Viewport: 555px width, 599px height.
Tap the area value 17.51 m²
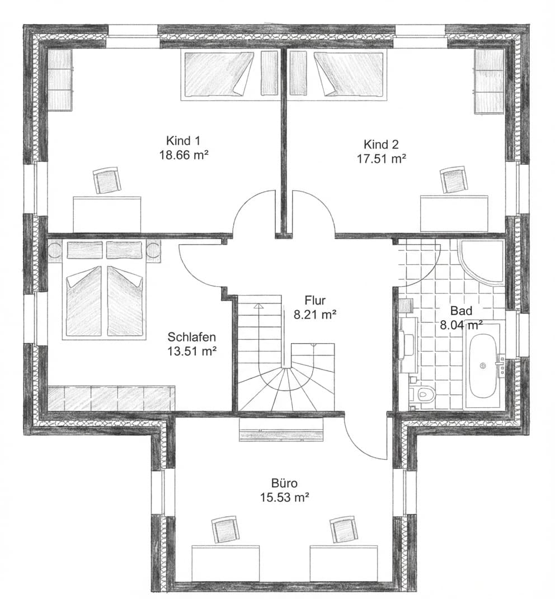[381, 159]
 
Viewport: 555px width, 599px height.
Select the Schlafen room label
[192, 337]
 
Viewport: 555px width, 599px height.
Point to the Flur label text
[314, 299]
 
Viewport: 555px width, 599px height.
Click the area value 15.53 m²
[285, 497]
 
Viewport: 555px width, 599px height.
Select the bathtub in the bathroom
[483, 366]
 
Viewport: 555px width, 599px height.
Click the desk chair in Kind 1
[106, 180]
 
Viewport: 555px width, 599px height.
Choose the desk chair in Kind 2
[453, 179]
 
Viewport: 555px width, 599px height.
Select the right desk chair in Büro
[342, 529]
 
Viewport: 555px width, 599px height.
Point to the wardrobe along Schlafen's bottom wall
[111, 398]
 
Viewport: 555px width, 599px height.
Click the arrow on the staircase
[258, 307]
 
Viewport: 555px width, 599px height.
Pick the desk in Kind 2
[454, 212]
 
